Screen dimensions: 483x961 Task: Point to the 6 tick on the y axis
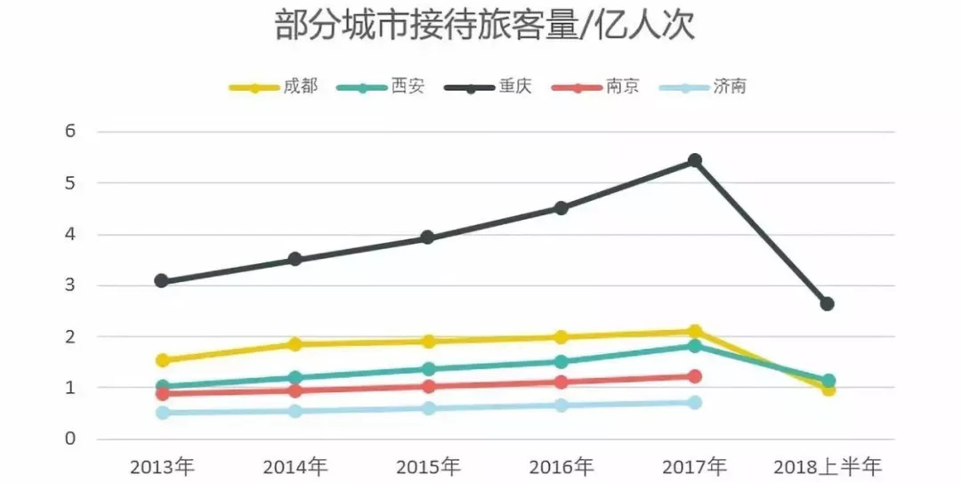coord(72,132)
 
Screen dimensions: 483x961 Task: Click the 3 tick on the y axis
coord(72,286)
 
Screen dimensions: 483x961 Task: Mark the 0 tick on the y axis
coord(72,439)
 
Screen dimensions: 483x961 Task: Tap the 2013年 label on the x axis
coord(162,466)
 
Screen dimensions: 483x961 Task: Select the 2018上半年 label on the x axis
coord(827,466)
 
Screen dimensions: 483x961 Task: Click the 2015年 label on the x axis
coord(428,466)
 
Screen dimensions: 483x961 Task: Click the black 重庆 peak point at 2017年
coord(695,160)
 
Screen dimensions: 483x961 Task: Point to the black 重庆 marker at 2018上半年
coord(828,304)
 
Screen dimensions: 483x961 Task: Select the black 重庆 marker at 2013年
coord(162,281)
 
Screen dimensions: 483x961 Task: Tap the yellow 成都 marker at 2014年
coord(295,344)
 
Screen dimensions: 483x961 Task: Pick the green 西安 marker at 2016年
coord(561,362)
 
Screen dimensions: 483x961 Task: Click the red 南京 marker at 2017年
coord(695,376)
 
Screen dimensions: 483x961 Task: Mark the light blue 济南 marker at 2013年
coord(162,413)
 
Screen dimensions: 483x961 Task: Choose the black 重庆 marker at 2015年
coord(428,237)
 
